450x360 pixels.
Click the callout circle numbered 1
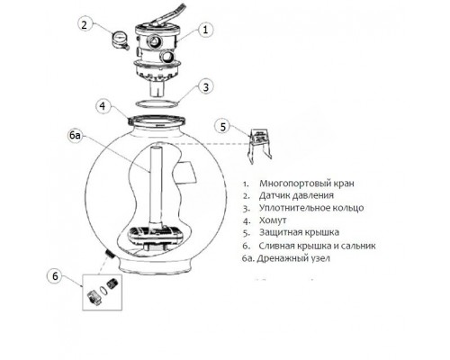pyautogui.click(x=205, y=30)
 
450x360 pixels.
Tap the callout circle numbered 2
pyautogui.click(x=84, y=24)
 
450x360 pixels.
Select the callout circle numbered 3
pyautogui.click(x=205, y=87)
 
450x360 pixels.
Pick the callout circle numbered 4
pyautogui.click(x=103, y=106)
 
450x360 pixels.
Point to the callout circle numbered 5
pyautogui.click(x=222, y=126)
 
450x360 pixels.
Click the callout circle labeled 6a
pyautogui.click(x=75, y=136)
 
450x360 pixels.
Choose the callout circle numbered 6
pyautogui.click(x=55, y=276)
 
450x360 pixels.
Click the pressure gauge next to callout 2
pyautogui.click(x=121, y=40)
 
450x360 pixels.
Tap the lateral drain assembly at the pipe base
pyautogui.click(x=156, y=237)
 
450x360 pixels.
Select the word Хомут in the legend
pyautogui.click(x=273, y=220)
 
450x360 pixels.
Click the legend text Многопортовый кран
pyautogui.click(x=307, y=183)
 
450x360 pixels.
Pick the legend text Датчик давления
pyautogui.click(x=296, y=195)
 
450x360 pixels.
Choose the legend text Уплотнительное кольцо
pyautogui.click(x=311, y=208)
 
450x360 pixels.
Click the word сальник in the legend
pyautogui.click(x=358, y=246)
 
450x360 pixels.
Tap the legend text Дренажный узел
pyautogui.click(x=293, y=258)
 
